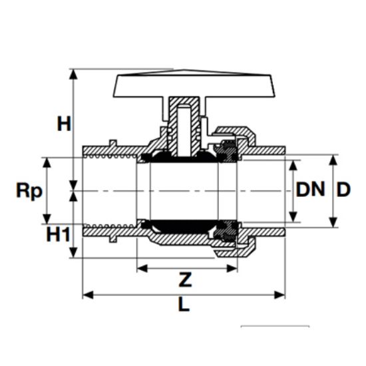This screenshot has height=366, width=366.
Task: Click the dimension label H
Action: (64, 124)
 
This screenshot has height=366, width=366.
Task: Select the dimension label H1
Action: (58, 234)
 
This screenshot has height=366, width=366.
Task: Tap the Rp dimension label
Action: (29, 190)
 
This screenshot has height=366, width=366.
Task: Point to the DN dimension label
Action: (311, 189)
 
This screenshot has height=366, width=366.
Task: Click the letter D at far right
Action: (343, 189)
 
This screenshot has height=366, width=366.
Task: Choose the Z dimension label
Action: (186, 279)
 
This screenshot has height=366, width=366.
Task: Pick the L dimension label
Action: (184, 304)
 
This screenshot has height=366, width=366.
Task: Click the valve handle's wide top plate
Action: (194, 85)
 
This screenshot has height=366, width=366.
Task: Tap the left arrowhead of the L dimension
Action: (89, 295)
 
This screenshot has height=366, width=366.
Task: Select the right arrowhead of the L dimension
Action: (279, 295)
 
